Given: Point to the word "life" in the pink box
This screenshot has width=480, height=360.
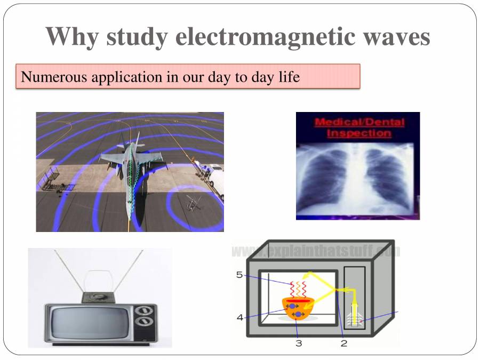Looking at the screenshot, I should tap(288, 77).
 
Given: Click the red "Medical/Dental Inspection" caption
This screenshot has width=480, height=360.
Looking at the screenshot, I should tap(359, 127).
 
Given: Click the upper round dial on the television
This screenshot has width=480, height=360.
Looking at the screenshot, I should tap(143, 311).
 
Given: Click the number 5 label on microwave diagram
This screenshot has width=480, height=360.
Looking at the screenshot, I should tap(239, 275).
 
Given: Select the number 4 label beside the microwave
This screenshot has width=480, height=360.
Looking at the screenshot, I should tap(240, 317).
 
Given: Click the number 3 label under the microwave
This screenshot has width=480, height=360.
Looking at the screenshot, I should tap(299, 343).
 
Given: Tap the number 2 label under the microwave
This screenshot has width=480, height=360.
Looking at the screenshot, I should tap(343, 343).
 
